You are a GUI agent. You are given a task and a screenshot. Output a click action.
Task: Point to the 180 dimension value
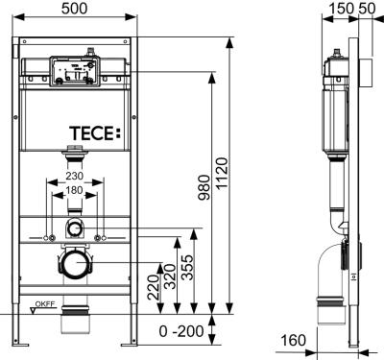pyautogui.click(x=74, y=190)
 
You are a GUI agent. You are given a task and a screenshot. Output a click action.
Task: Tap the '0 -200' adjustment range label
pyautogui.click(x=183, y=331)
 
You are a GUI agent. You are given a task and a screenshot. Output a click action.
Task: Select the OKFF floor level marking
pyautogui.click(x=42, y=306)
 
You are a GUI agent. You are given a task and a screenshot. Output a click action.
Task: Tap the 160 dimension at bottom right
pyautogui.click(x=296, y=341)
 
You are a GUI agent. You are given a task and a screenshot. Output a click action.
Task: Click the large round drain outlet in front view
pyautogui.click(x=74, y=261)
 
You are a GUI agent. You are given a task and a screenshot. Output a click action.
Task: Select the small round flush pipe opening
pyautogui.click(x=74, y=228)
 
